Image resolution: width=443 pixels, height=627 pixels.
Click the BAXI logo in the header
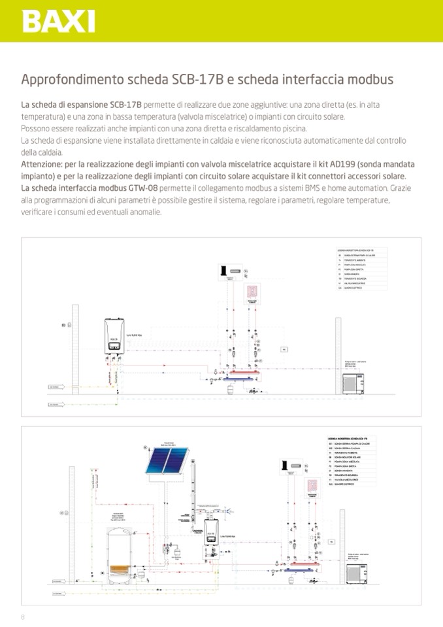tap(59, 21)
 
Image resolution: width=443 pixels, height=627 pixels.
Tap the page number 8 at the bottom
tap(23, 617)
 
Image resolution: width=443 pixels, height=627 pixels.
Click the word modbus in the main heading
tap(369, 80)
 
